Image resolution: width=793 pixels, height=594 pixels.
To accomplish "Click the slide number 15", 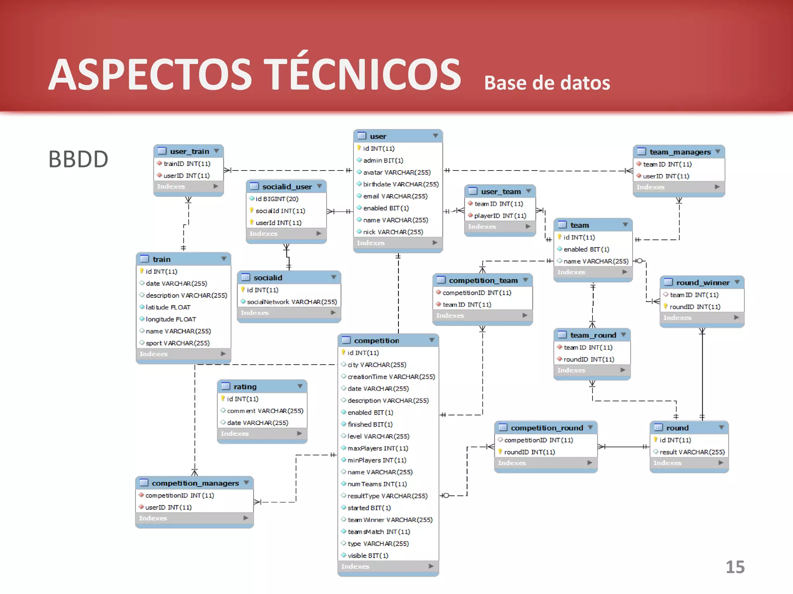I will (x=735, y=567).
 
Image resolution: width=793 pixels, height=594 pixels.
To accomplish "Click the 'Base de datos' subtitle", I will (x=547, y=83).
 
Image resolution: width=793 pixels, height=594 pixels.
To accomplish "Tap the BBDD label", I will (x=78, y=159).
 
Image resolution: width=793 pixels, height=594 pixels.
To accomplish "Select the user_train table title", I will (x=189, y=151).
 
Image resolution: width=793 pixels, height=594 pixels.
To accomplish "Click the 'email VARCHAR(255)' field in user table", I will (x=395, y=196).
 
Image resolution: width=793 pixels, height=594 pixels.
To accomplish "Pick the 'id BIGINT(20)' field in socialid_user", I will (x=276, y=199).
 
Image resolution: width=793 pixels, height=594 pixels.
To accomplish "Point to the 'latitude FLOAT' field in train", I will (x=168, y=307).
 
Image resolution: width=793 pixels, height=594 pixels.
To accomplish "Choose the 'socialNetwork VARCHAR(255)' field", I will (x=292, y=302).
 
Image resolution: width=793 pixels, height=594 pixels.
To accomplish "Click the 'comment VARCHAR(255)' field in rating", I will (x=265, y=411).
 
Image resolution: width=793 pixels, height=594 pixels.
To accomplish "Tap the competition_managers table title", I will (x=195, y=483).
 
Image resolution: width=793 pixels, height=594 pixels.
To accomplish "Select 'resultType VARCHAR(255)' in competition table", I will (x=387, y=496).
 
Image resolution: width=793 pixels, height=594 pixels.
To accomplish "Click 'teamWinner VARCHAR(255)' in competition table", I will (x=390, y=520).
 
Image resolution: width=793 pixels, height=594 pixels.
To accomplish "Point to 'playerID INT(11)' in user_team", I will (x=500, y=215).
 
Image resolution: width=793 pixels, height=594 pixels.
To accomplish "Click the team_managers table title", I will (x=680, y=152).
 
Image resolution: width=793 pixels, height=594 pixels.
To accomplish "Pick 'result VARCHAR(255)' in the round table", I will (x=692, y=452).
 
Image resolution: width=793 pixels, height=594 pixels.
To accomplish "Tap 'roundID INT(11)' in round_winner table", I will (x=695, y=307).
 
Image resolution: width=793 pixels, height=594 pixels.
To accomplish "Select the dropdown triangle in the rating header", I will (x=300, y=386).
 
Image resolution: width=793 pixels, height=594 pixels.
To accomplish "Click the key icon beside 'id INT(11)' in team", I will (x=560, y=237).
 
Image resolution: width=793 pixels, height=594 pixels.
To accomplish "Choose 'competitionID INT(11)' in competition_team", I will (x=477, y=293).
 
